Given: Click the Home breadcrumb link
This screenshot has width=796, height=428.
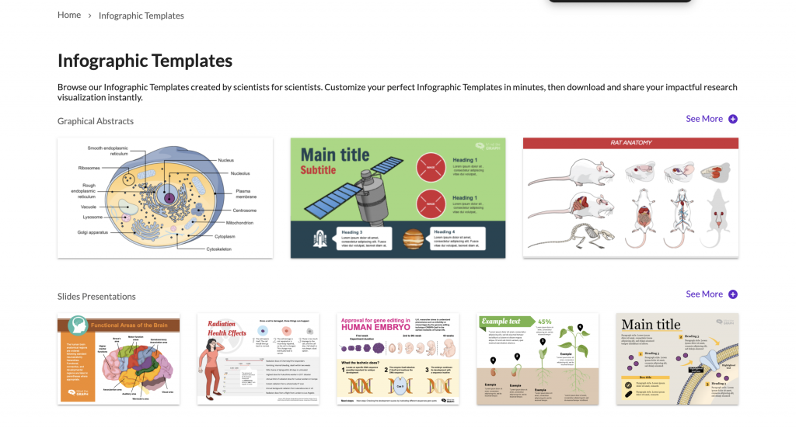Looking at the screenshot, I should [x=69, y=15].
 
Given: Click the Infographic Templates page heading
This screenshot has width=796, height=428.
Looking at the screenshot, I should [x=145, y=61].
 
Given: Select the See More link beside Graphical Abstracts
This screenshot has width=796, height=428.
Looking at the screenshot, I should [x=704, y=119].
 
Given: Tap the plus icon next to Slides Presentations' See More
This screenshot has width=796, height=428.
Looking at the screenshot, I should [x=733, y=294].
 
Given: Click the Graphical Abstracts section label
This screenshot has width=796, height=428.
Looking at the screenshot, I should [x=96, y=121].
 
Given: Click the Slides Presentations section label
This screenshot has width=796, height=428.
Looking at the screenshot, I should [x=96, y=297].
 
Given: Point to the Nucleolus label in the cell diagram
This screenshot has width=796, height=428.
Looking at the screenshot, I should [x=240, y=173].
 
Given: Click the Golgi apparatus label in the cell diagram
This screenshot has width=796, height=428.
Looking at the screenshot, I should [x=93, y=232].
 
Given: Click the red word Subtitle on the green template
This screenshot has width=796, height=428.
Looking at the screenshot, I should [x=318, y=170].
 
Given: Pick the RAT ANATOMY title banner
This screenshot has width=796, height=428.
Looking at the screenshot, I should [x=630, y=143].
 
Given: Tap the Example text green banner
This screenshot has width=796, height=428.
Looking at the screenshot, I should [x=504, y=321].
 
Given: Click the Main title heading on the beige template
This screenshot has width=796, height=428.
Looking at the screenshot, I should [x=650, y=325].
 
